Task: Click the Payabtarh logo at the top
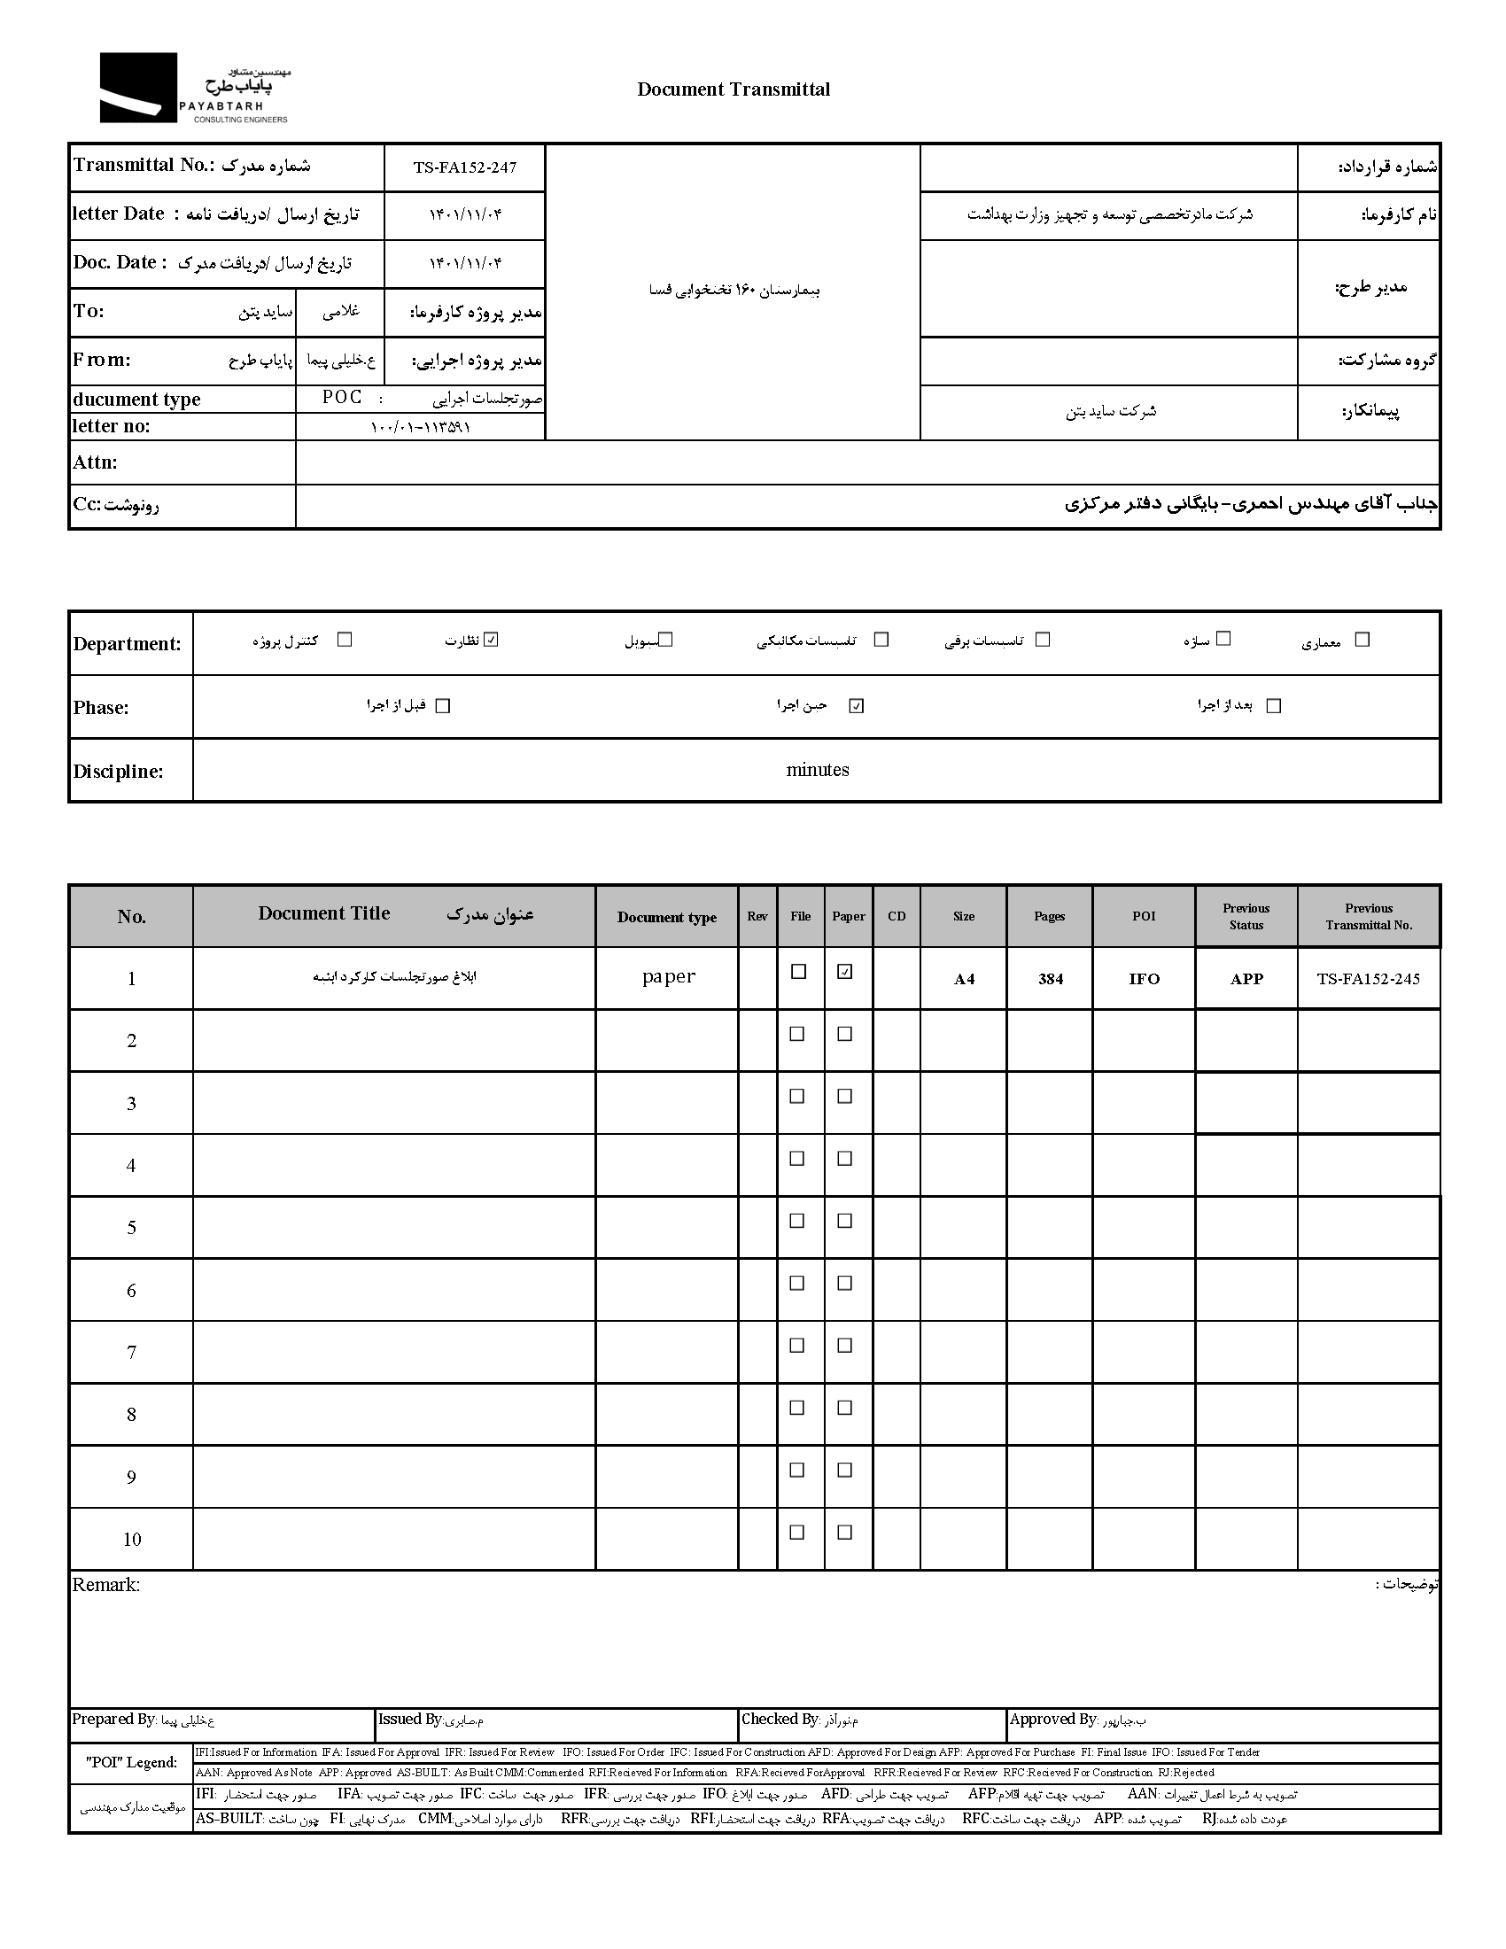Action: pyautogui.click(x=194, y=89)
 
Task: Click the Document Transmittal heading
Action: pyautogui.click(x=733, y=89)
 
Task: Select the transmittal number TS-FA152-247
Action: pyautogui.click(x=465, y=167)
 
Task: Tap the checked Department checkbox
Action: pyautogui.click(x=491, y=639)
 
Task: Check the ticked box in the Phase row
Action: pyautogui.click(x=857, y=706)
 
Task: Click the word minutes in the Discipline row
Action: pyautogui.click(x=818, y=769)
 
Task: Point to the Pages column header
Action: pyautogui.click(x=1049, y=917)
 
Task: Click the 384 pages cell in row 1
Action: pyautogui.click(x=1050, y=979)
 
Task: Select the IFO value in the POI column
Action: pyautogui.click(x=1144, y=979)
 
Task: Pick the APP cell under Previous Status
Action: pyautogui.click(x=1246, y=979)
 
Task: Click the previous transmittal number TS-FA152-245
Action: pyautogui.click(x=1368, y=978)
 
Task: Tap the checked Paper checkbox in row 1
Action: pyautogui.click(x=845, y=972)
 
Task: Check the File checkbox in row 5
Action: pyautogui.click(x=797, y=1221)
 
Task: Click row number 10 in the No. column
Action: pyautogui.click(x=132, y=1540)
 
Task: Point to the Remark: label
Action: pyautogui.click(x=106, y=1585)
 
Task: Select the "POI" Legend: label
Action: pyautogui.click(x=131, y=1762)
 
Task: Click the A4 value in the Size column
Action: pyautogui.click(x=964, y=979)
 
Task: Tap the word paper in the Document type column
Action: pyautogui.click(x=668, y=976)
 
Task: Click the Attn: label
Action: pyautogui.click(x=96, y=462)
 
